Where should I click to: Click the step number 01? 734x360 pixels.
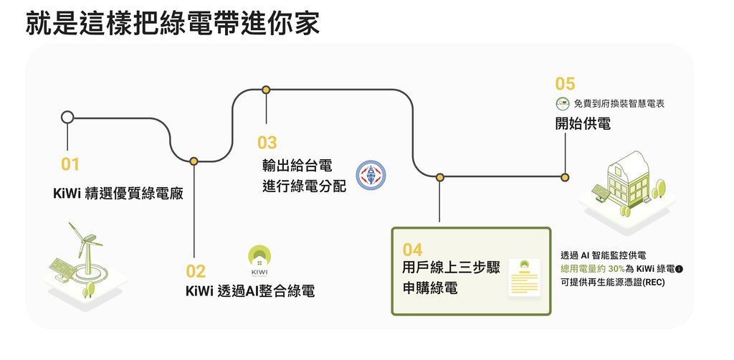pyautogui.click(x=70, y=164)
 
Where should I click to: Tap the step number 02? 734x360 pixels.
pyautogui.click(x=196, y=272)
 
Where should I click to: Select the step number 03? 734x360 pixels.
pyautogui.click(x=267, y=143)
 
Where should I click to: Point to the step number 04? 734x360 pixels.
pyautogui.click(x=412, y=250)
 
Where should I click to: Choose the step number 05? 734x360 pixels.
pyautogui.click(x=565, y=84)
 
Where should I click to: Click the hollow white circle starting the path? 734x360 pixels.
pyautogui.click(x=67, y=117)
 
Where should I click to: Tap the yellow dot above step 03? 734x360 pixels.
pyautogui.click(x=266, y=90)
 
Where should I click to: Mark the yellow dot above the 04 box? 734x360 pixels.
pyautogui.click(x=440, y=177)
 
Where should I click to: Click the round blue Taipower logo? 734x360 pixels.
pyautogui.click(x=371, y=175)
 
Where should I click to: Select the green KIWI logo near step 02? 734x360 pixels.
pyautogui.click(x=259, y=261)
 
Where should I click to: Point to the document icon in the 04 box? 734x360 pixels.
pyautogui.click(x=524, y=277)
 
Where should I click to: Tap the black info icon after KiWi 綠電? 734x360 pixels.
pyautogui.click(x=680, y=269)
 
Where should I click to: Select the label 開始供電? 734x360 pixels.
pyautogui.click(x=583, y=123)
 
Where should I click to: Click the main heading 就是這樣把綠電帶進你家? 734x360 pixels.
pyautogui.click(x=173, y=24)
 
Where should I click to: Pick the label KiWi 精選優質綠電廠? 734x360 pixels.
pyautogui.click(x=118, y=194)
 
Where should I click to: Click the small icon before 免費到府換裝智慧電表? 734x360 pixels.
pyautogui.click(x=563, y=103)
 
